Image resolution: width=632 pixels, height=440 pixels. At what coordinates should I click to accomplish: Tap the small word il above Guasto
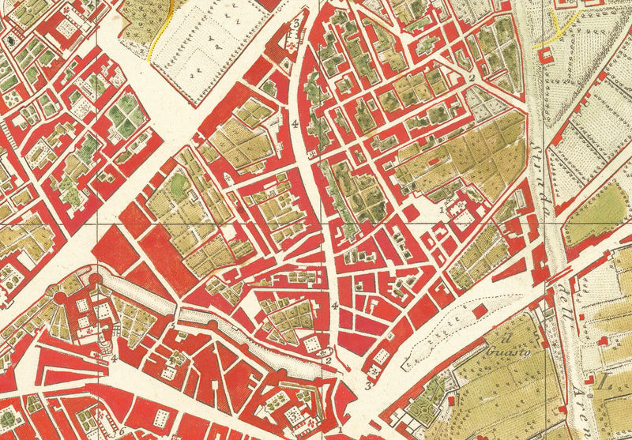pos(499,338)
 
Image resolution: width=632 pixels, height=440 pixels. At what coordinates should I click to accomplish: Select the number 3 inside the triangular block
pos(295,24)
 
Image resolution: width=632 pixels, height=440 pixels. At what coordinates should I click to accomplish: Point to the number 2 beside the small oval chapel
pos(328,363)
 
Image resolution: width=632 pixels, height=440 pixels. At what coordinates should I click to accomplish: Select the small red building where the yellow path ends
pos(543,55)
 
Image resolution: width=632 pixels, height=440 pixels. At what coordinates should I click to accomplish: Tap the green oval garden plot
pos(180,184)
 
